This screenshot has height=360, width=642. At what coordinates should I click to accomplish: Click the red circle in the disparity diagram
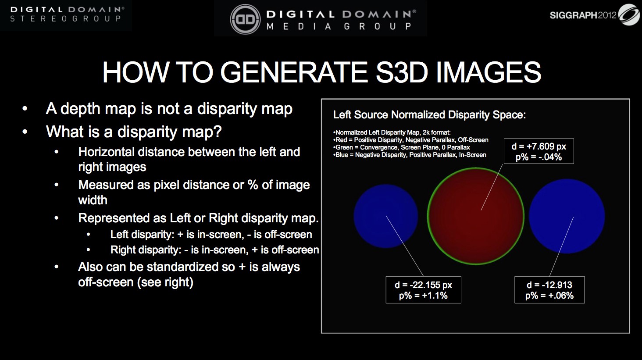pos(476,216)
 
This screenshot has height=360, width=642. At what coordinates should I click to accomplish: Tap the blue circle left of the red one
pos(386,216)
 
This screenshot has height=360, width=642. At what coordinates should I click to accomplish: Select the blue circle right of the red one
pos(567,216)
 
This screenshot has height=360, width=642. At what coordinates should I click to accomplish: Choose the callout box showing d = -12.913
pos(549,290)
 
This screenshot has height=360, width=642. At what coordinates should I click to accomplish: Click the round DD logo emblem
pos(245,19)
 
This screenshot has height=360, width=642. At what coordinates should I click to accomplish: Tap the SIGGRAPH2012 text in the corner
pos(583,15)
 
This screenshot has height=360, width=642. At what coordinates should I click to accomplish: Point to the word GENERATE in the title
pos(294,72)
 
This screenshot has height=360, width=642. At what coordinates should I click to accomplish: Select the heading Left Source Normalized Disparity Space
pos(429,114)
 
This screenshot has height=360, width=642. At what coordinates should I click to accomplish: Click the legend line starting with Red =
pos(411,140)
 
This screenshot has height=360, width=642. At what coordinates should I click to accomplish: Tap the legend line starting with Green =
pos(402,147)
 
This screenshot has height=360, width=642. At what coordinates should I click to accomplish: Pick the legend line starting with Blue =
pos(410,155)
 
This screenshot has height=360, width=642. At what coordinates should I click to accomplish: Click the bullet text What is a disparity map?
pos(134,132)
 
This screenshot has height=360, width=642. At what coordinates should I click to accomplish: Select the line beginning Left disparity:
pos(211,235)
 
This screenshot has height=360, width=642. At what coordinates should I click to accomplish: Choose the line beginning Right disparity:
pos(215,250)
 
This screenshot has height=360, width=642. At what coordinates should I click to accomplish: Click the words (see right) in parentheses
pos(165,282)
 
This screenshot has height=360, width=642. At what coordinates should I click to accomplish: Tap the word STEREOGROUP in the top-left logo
pos(65,18)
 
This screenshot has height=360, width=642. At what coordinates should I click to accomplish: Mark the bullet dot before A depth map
pos(25,109)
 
